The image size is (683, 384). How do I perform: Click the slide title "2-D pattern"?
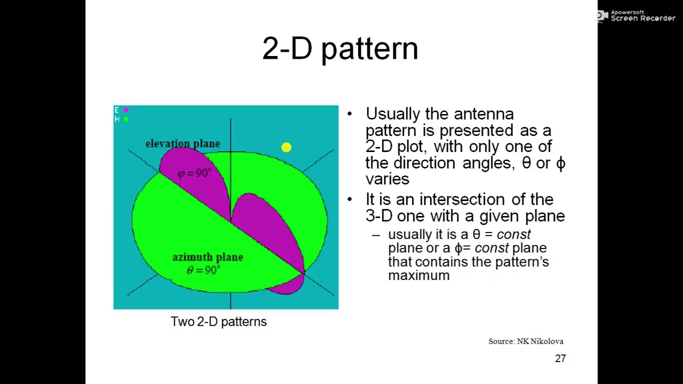[x=340, y=49]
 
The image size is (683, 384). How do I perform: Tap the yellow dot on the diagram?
[x=287, y=148]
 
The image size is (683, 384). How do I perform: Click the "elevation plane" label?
[x=182, y=143]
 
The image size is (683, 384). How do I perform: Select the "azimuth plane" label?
[x=208, y=257]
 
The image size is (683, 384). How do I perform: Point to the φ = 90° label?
[x=194, y=173]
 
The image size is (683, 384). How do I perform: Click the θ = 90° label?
[x=203, y=270]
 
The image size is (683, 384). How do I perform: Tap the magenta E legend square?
[x=126, y=110]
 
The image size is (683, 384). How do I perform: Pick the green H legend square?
[x=126, y=119]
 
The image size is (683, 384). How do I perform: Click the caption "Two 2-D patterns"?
[x=218, y=322]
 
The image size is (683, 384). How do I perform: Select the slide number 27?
[x=560, y=358]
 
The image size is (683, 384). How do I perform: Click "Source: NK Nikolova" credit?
[x=526, y=341]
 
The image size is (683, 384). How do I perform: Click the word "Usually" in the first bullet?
[x=393, y=114]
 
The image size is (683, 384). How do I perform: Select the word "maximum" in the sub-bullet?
[x=419, y=276]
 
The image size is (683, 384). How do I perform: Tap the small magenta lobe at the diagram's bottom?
[x=288, y=288]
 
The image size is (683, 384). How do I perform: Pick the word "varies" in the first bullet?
[x=387, y=179]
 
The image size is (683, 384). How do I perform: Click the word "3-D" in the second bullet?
[x=379, y=216]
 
